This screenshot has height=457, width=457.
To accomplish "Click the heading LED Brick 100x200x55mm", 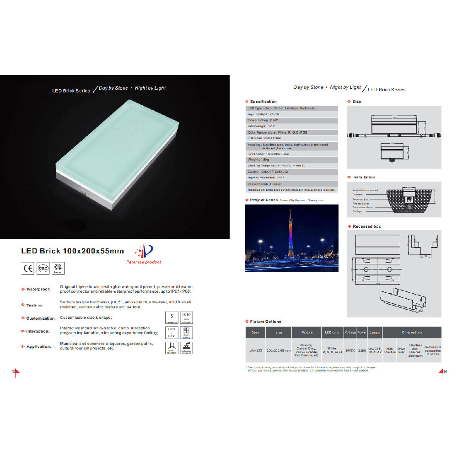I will [72, 251].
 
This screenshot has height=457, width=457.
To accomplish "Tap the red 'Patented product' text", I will [143, 262].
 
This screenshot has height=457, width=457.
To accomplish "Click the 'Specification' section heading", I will [263, 102].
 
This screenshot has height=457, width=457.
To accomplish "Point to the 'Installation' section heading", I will [363, 177].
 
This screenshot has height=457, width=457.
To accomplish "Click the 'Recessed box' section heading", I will [366, 226].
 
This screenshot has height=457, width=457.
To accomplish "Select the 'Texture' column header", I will [307, 333].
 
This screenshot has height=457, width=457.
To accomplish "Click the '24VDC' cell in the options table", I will [350, 351].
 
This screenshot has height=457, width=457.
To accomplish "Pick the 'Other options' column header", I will [412, 333].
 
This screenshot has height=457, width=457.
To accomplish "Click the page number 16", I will [445, 371].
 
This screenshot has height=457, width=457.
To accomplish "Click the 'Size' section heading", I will [356, 102].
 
